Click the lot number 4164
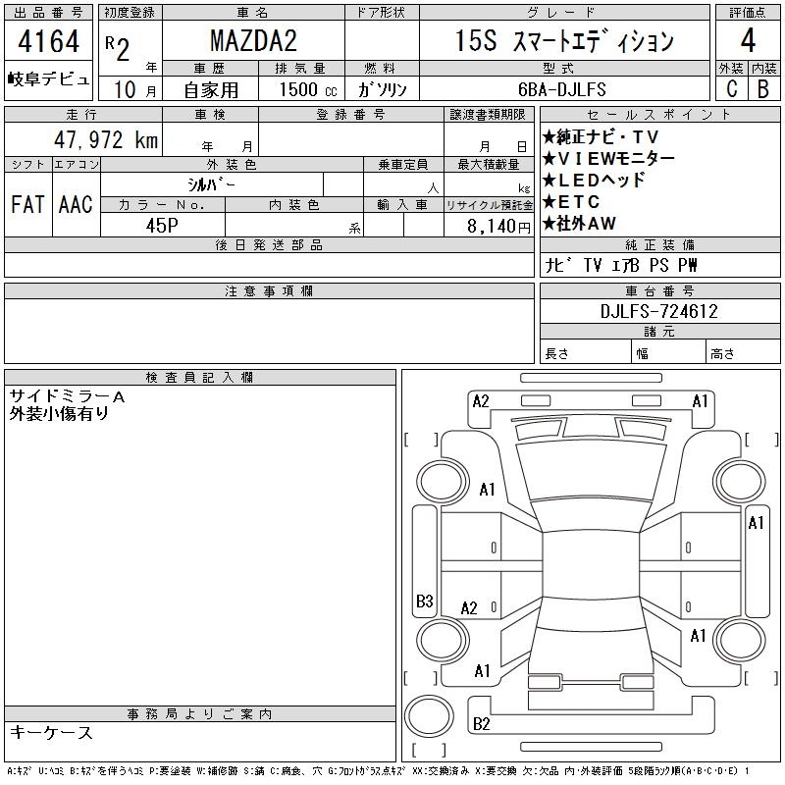point(48,41)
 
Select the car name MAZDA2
point(253,41)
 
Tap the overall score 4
point(748,40)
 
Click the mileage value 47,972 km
point(106,139)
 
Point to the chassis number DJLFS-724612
point(658,311)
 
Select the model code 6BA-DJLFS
point(561,89)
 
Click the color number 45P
point(162,226)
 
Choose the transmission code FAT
point(28,204)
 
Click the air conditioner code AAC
point(76,204)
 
